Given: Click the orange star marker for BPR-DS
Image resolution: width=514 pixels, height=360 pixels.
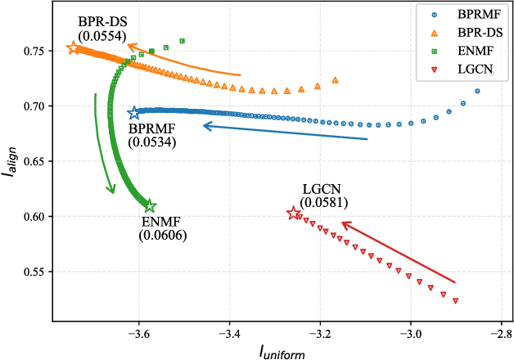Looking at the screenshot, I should (x=73, y=48).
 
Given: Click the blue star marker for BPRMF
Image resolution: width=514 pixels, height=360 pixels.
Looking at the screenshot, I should (x=134, y=112).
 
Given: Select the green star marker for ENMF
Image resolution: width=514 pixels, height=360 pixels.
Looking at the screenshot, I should (x=150, y=206).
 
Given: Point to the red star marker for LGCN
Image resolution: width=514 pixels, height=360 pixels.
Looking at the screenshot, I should (x=294, y=213).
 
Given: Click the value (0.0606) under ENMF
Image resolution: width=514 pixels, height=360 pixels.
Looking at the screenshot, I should (x=162, y=236).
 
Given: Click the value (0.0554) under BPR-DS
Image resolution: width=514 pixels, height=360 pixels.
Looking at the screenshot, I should (x=101, y=36).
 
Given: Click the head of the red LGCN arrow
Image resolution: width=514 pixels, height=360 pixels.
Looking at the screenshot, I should (x=342, y=223).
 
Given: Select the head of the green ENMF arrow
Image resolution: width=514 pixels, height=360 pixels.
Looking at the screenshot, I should (x=112, y=193).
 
